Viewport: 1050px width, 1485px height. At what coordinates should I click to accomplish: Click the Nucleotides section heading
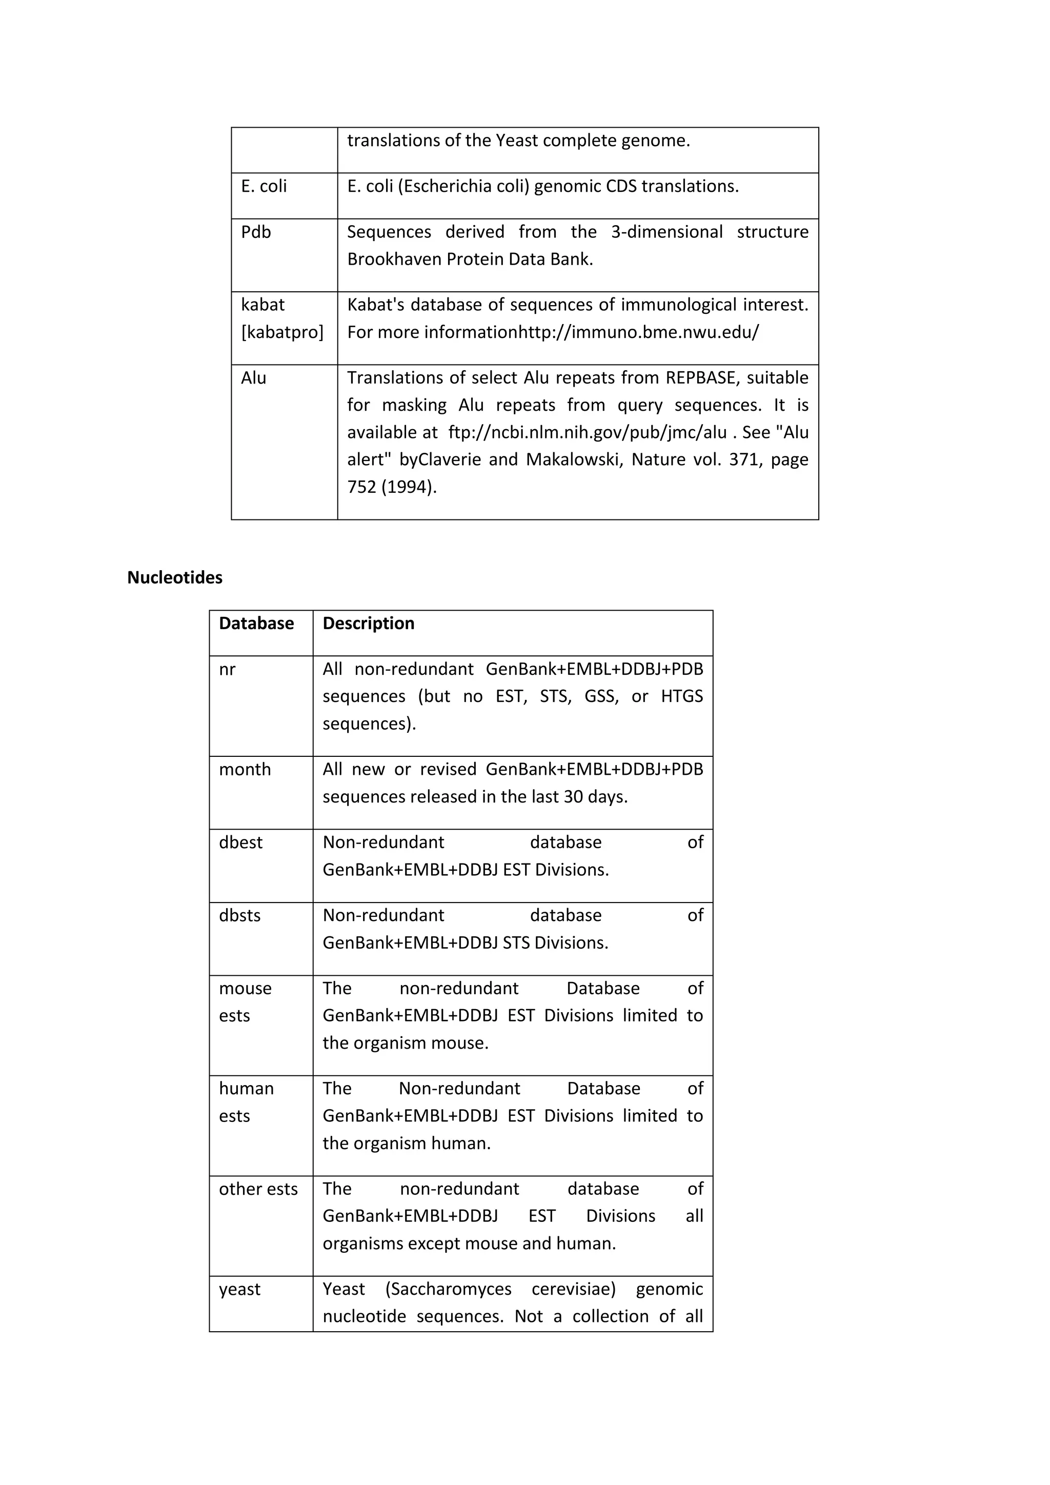pos(174,577)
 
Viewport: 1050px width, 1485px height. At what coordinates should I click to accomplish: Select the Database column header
pos(256,624)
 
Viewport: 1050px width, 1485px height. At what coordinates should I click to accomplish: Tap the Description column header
pos(369,624)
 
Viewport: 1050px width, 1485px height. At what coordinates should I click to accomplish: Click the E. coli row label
pos(264,186)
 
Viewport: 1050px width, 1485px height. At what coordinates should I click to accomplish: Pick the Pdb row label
pos(256,232)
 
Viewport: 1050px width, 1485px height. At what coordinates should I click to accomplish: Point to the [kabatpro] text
pos(282,332)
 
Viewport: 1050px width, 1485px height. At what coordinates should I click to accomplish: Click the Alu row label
pos(253,378)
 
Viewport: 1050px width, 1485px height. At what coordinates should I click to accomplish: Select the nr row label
pos(227,669)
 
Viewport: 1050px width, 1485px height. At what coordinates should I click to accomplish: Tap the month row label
pos(245,770)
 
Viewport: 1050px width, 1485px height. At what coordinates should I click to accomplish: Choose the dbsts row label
pos(239,916)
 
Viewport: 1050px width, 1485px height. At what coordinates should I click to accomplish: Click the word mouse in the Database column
pos(245,988)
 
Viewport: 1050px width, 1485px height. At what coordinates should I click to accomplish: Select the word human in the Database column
pos(246,1089)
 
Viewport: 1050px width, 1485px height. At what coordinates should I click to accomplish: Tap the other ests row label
pos(258,1189)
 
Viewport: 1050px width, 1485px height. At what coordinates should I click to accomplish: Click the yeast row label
pos(239,1289)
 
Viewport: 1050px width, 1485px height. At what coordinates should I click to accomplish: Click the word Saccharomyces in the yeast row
pos(448,1289)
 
